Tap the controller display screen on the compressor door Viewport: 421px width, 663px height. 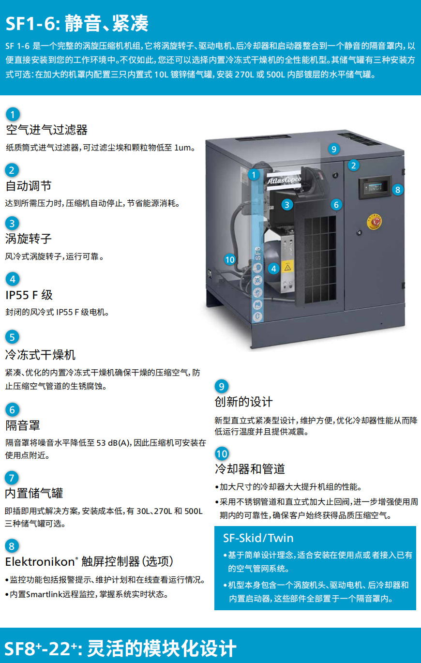[374, 187]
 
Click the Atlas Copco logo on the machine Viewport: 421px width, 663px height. [284, 180]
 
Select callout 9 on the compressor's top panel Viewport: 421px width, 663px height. [334, 149]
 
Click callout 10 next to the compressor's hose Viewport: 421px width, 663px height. [230, 259]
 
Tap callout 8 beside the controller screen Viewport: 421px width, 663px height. [398, 189]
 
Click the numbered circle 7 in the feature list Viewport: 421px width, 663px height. [12, 478]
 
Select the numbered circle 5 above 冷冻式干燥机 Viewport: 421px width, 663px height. [12, 337]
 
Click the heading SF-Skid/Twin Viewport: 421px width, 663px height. [258, 538]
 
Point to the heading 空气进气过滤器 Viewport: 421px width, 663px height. [46, 130]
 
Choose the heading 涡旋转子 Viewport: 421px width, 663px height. [29, 239]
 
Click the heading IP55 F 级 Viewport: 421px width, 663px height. [29, 295]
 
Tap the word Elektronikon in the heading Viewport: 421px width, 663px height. [40, 562]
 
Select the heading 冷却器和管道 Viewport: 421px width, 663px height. [250, 469]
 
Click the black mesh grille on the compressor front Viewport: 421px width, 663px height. [320, 259]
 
